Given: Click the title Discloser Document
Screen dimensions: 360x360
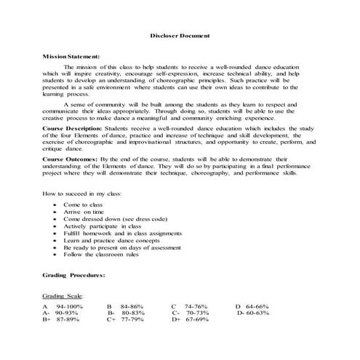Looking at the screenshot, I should pyautogui.click(x=180, y=35).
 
